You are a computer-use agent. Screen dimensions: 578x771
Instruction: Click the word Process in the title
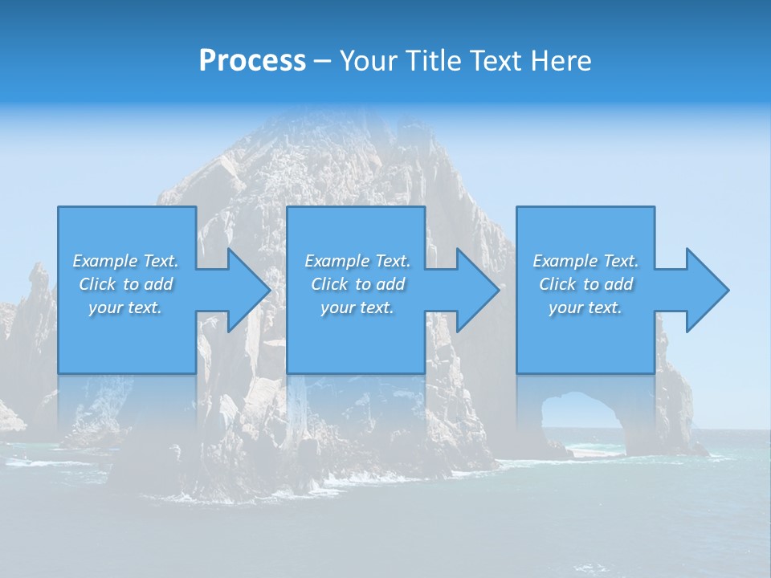point(252,61)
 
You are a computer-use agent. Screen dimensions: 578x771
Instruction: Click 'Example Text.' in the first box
point(125,261)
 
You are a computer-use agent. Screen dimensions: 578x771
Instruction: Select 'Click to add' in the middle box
point(357,284)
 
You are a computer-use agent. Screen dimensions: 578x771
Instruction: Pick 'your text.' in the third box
point(585,307)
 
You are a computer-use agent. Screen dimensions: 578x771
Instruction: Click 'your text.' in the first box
point(125,307)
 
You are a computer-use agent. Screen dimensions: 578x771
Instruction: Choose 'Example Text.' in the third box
point(585,261)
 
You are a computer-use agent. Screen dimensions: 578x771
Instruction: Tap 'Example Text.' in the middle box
point(357,261)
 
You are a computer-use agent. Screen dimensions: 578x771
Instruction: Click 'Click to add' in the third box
point(585,284)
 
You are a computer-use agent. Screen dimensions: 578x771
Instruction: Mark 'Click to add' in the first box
point(125,284)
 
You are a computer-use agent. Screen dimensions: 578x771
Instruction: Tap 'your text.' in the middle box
point(357,307)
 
